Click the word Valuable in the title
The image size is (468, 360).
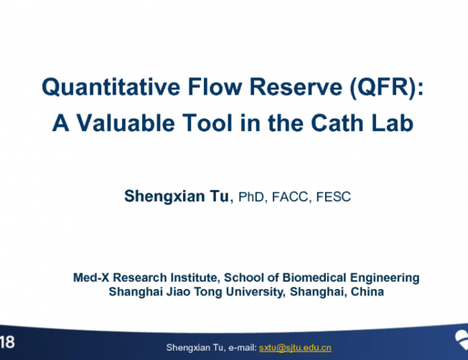(x=116, y=124)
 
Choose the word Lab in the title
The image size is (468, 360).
(x=389, y=124)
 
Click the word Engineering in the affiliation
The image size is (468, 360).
(x=385, y=278)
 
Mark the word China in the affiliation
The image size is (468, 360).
(x=366, y=292)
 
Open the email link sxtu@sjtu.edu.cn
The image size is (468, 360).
(x=295, y=348)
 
